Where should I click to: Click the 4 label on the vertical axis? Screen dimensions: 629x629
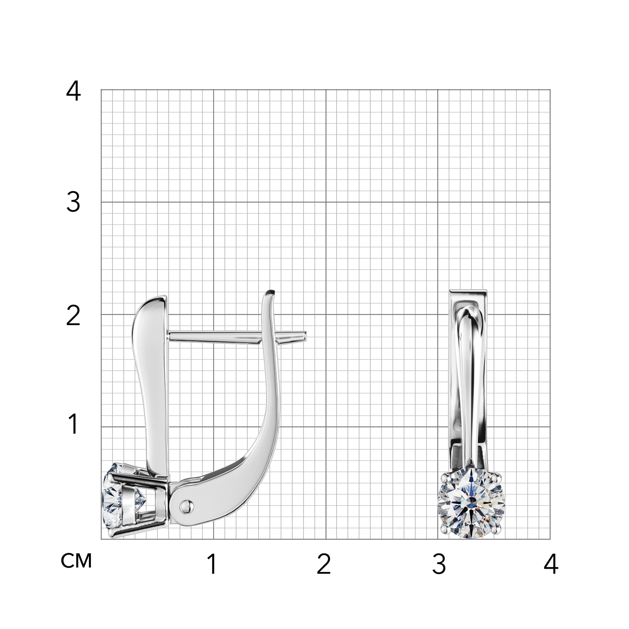[73, 91]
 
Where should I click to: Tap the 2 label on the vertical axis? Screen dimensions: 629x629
[73, 315]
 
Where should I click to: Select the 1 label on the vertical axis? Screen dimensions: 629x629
[74, 424]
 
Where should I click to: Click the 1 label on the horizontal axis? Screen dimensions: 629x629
[213, 564]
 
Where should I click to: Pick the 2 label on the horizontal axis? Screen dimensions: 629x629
[324, 564]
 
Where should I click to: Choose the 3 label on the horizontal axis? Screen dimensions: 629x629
[439, 564]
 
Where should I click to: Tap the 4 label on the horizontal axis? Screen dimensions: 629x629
[551, 564]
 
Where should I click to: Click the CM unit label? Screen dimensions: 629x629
[76, 561]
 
